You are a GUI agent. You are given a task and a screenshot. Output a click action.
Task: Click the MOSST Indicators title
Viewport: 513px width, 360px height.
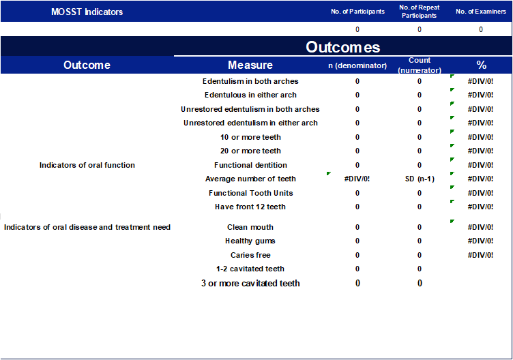pyautogui.click(x=87, y=12)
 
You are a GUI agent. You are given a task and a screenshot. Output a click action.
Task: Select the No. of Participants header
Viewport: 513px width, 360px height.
pyautogui.click(x=357, y=12)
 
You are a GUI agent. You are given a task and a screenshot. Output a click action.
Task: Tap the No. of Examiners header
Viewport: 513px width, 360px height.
pyautogui.click(x=481, y=12)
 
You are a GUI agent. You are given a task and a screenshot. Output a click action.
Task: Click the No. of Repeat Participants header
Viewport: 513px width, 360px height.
pyautogui.click(x=419, y=12)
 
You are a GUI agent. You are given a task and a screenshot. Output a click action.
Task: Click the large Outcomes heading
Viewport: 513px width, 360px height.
pyautogui.click(x=342, y=47)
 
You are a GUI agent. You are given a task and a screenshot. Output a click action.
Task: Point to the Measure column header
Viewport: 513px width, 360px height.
pyautogui.click(x=250, y=65)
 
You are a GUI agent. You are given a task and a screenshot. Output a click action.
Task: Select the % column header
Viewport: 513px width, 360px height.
pyautogui.click(x=481, y=65)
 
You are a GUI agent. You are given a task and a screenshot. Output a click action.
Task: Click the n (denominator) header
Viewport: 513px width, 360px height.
pyautogui.click(x=357, y=65)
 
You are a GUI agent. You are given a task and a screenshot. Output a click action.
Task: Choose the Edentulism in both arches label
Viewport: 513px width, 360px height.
pyautogui.click(x=250, y=81)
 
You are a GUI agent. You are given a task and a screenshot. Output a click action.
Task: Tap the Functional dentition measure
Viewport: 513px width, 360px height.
pyautogui.click(x=250, y=165)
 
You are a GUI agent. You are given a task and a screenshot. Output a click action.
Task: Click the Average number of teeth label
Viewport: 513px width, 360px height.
pyautogui.click(x=250, y=179)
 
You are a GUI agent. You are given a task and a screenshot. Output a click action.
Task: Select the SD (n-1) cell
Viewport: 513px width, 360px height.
pyautogui.click(x=420, y=179)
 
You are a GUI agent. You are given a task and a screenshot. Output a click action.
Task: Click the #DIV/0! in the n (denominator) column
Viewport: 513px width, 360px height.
pyautogui.click(x=357, y=179)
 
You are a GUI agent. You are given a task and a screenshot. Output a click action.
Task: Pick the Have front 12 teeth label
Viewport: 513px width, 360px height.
pyautogui.click(x=250, y=207)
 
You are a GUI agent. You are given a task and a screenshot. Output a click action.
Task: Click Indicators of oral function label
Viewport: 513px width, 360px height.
pyautogui.click(x=87, y=165)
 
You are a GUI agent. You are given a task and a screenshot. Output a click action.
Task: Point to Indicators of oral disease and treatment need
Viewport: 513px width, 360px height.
pyautogui.click(x=87, y=227)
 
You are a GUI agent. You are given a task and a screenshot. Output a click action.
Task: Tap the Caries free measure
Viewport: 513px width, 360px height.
pyautogui.click(x=250, y=255)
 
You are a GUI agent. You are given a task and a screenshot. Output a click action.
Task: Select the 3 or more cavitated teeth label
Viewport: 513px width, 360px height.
pyautogui.click(x=250, y=283)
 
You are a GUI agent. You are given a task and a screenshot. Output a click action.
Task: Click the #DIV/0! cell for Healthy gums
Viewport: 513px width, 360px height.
pyautogui.click(x=481, y=241)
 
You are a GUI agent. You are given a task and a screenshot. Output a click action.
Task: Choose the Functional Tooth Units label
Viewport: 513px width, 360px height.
pyautogui.click(x=250, y=193)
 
